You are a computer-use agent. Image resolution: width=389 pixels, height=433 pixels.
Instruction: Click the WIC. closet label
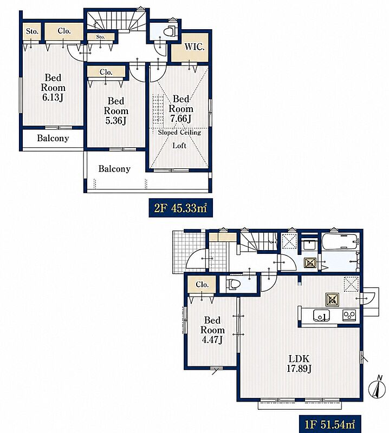194,47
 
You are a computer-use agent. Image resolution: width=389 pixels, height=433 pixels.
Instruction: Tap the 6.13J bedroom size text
53,97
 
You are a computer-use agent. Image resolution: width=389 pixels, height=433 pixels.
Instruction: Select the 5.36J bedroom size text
115,121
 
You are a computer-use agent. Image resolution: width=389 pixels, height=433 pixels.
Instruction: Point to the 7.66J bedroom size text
181,119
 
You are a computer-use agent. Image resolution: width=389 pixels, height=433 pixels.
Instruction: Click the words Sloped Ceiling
179,133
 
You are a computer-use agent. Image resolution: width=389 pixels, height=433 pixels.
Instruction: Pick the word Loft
179,146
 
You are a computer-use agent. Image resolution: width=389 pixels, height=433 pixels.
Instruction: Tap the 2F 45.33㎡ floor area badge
180,208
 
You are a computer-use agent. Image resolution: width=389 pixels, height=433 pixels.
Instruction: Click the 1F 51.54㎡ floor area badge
329,424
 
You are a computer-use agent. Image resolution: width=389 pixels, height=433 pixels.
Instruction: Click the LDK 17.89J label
299,364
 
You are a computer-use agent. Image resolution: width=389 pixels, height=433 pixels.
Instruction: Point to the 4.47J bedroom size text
212,340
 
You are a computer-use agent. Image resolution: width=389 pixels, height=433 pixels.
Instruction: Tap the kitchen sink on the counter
321,316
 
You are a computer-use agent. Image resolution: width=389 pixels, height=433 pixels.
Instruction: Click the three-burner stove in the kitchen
349,315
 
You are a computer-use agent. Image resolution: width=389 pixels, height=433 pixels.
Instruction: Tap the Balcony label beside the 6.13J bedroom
53,138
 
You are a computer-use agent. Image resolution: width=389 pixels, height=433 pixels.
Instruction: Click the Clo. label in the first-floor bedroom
202,285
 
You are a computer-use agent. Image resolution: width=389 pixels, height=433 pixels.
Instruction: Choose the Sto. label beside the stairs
101,37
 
